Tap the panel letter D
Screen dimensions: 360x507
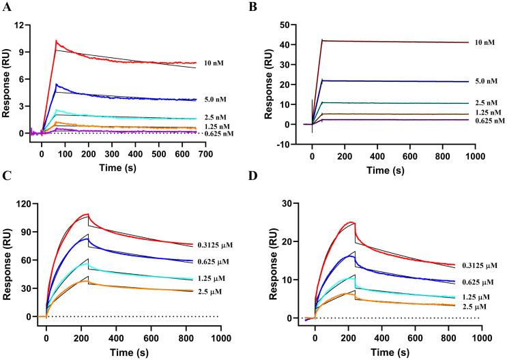(264, 184)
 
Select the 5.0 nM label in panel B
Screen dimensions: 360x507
(485, 81)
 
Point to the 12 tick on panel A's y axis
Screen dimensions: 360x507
(20, 25)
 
